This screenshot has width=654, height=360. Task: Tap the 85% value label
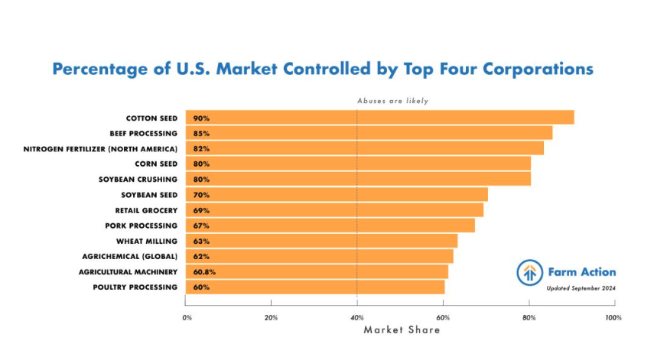(201, 133)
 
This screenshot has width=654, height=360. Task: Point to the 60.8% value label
(203, 272)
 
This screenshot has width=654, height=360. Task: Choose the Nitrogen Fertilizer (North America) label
(100, 148)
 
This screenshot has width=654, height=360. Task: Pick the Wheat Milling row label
(148, 241)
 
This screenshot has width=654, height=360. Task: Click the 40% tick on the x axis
(356, 316)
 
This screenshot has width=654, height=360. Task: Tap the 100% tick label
(612, 316)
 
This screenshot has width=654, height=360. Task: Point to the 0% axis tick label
(187, 316)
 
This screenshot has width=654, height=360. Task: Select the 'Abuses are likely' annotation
(392, 101)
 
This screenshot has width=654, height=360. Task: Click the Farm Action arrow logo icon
(529, 272)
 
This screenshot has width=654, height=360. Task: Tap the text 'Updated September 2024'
(581, 288)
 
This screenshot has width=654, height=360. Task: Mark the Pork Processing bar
(330, 225)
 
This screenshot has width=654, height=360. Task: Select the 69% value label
(201, 210)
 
